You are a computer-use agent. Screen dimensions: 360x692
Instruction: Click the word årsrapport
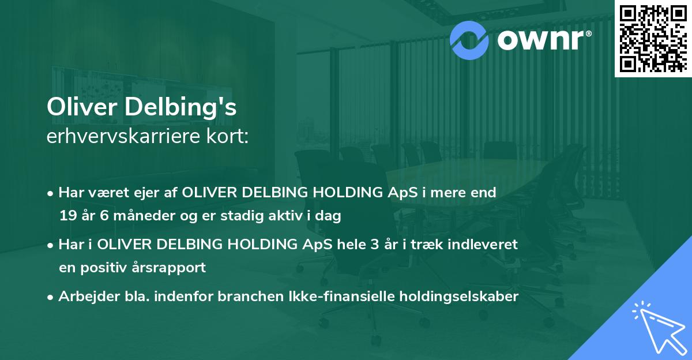click(x=171, y=268)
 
